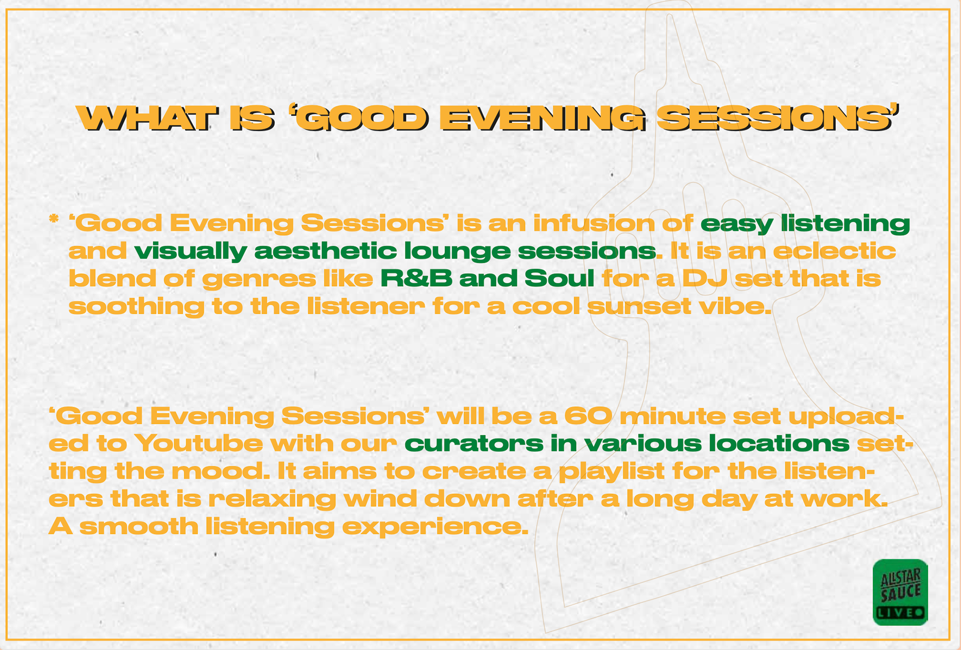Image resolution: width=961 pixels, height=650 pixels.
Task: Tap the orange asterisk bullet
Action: click(54, 219)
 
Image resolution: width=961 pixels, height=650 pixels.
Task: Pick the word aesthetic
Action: click(326, 250)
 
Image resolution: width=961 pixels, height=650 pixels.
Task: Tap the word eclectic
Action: click(834, 250)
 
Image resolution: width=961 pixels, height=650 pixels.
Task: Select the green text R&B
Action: click(416, 278)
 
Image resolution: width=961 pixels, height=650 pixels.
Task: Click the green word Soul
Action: click(559, 278)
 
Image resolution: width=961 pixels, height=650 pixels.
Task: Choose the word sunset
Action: click(639, 306)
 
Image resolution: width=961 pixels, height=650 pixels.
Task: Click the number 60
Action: click(588, 416)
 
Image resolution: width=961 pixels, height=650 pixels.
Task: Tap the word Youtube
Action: click(199, 443)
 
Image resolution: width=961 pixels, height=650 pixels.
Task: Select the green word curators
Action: click(473, 444)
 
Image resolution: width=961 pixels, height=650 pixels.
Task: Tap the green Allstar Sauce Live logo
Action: click(900, 592)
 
